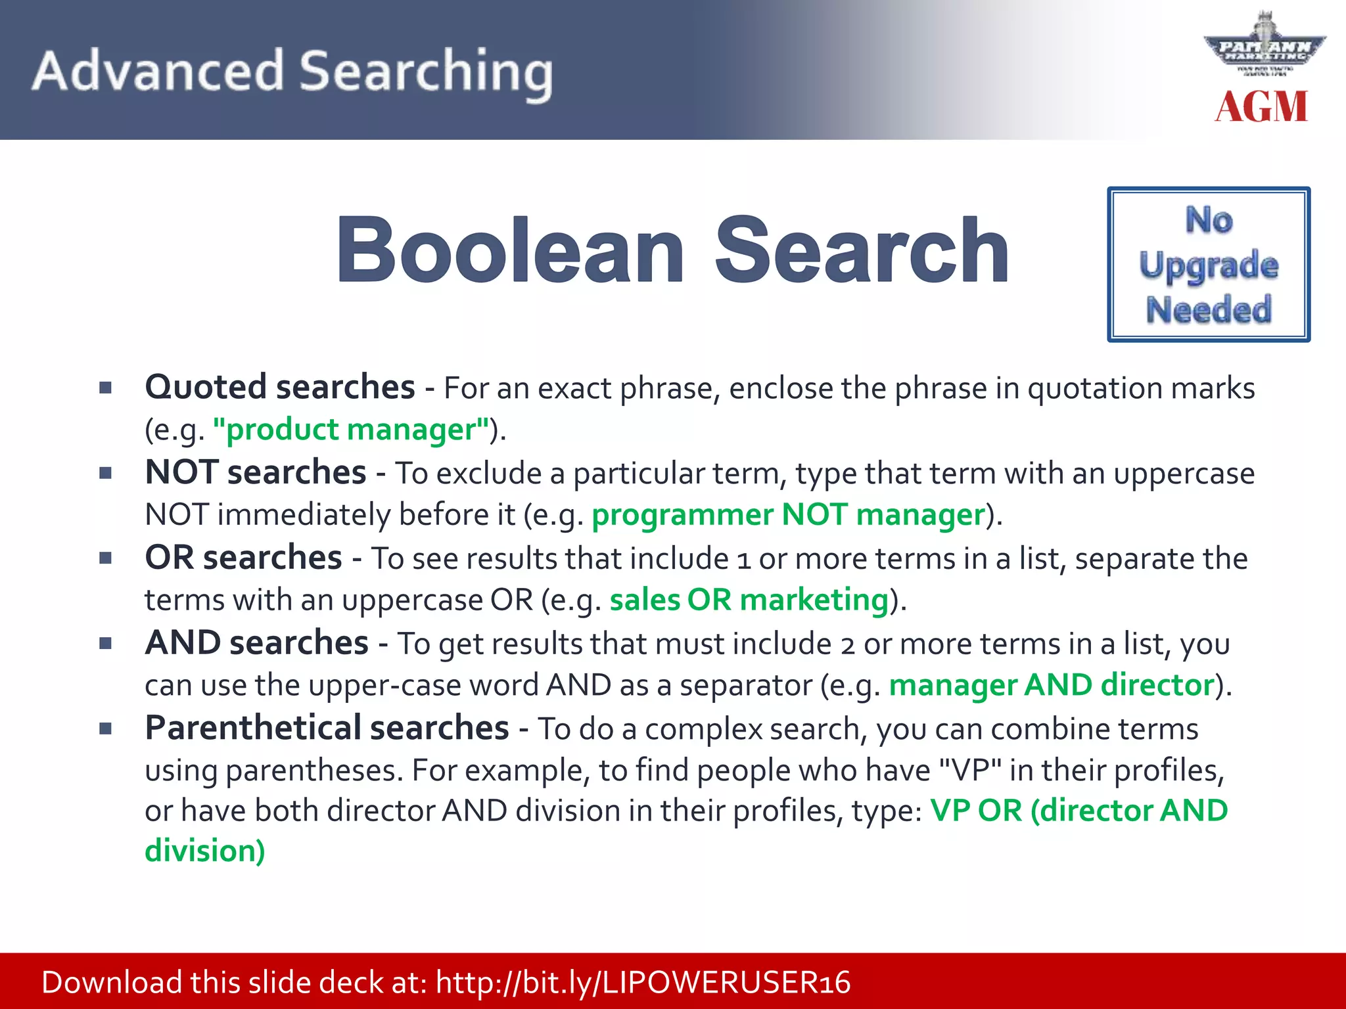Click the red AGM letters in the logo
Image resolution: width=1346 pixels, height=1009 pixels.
click(x=1261, y=107)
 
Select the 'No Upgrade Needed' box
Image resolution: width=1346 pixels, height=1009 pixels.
click(x=1208, y=265)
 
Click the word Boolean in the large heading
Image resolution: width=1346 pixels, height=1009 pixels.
click(x=511, y=251)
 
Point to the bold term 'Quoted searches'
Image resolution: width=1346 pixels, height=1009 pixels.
click(x=280, y=387)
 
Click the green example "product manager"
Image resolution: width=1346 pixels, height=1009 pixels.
click(x=351, y=430)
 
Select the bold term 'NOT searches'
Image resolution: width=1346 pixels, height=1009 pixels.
click(x=255, y=472)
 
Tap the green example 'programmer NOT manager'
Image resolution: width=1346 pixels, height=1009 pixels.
click(x=788, y=514)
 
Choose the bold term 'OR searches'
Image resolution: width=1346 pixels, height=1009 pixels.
click(x=243, y=558)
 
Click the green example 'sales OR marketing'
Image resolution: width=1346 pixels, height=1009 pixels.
click(x=749, y=600)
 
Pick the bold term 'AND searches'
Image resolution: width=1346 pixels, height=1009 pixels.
click(x=256, y=643)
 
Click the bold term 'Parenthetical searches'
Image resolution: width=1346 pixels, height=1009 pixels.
click(x=327, y=728)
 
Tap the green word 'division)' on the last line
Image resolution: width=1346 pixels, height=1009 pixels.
click(x=205, y=851)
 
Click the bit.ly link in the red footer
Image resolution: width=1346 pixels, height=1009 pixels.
click(x=643, y=983)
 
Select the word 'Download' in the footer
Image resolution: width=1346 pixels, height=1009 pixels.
click(x=112, y=983)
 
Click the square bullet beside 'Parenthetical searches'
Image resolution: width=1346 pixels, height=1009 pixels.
click(x=105, y=728)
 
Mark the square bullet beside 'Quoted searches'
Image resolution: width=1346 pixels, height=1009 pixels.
click(x=105, y=388)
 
